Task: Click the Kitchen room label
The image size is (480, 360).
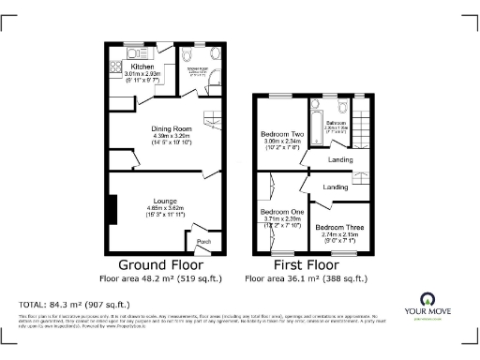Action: (142, 67)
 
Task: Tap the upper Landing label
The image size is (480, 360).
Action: (339, 158)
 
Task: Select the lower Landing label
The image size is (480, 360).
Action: (335, 187)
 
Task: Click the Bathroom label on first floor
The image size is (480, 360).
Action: (337, 123)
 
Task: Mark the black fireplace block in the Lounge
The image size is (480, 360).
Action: (112, 209)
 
